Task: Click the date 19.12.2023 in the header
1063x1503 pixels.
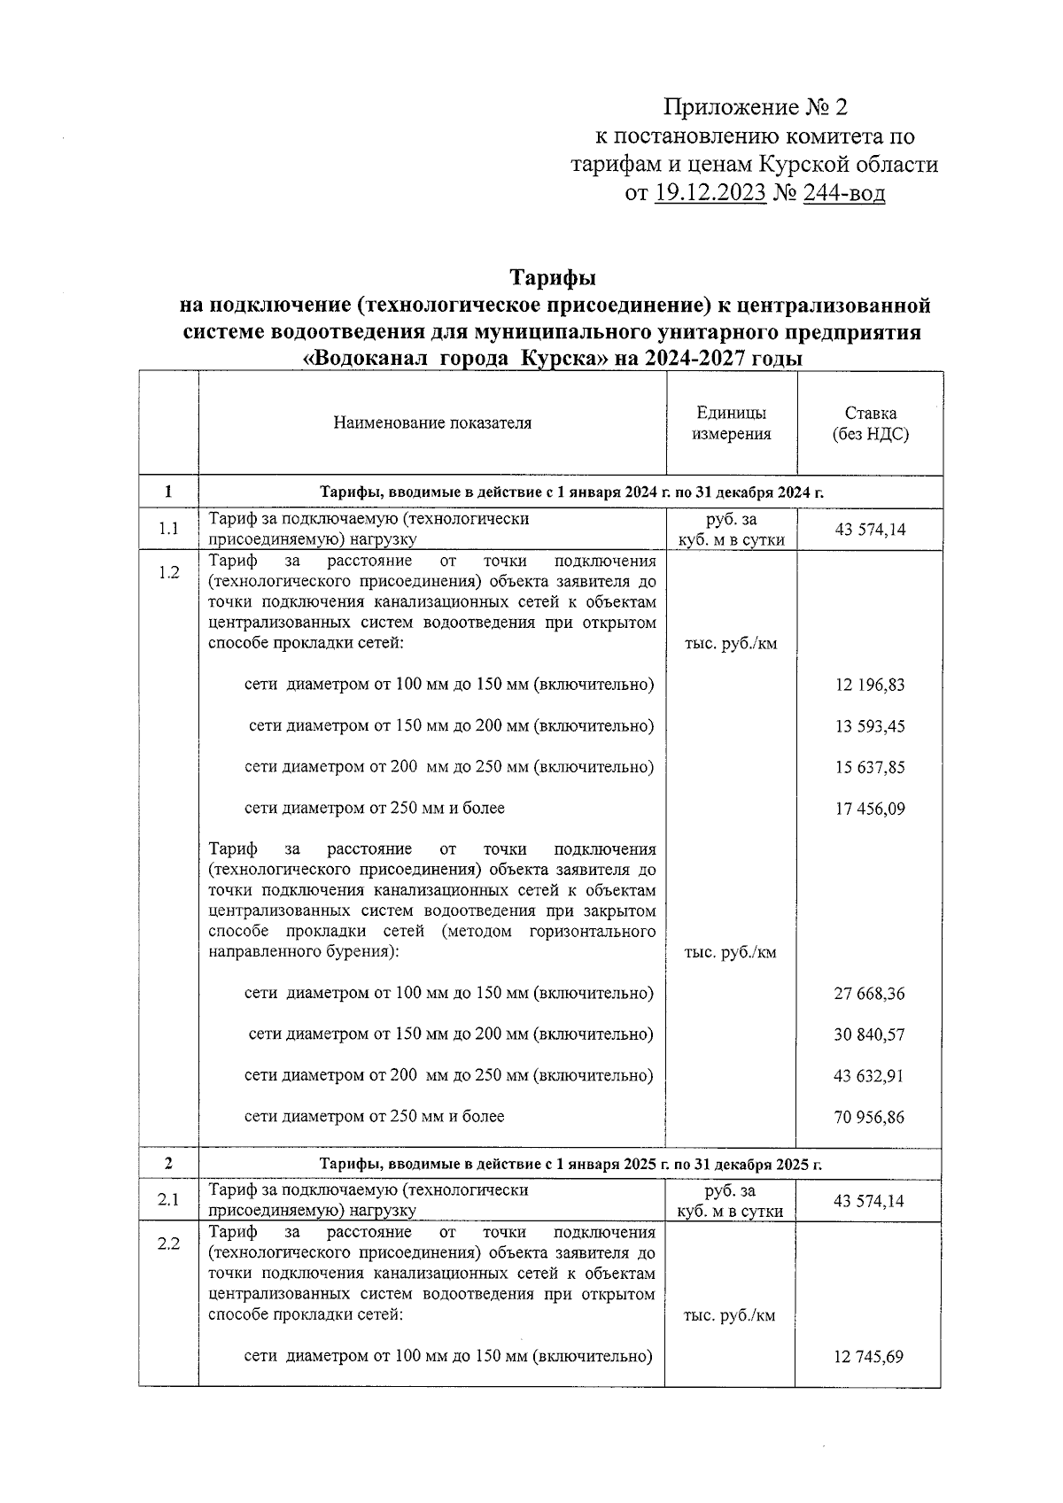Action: point(710,193)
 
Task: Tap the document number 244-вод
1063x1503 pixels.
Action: point(843,193)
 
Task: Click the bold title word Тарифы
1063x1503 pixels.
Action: point(553,278)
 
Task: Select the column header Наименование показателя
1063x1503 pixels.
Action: point(432,423)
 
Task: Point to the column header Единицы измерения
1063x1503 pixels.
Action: point(732,423)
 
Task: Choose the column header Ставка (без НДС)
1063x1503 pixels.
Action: point(870,423)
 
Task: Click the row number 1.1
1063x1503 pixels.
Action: point(168,530)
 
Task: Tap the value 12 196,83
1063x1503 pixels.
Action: point(870,686)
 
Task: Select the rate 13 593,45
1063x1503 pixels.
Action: point(870,727)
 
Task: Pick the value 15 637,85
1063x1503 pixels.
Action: point(870,768)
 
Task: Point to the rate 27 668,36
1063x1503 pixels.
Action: point(870,994)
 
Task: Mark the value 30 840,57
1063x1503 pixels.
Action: point(870,1035)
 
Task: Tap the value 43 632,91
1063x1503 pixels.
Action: point(870,1076)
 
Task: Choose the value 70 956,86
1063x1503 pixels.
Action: point(870,1118)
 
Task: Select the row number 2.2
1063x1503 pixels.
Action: point(168,1243)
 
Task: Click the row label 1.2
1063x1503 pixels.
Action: point(168,572)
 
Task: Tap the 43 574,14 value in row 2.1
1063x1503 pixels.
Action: point(870,1201)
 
